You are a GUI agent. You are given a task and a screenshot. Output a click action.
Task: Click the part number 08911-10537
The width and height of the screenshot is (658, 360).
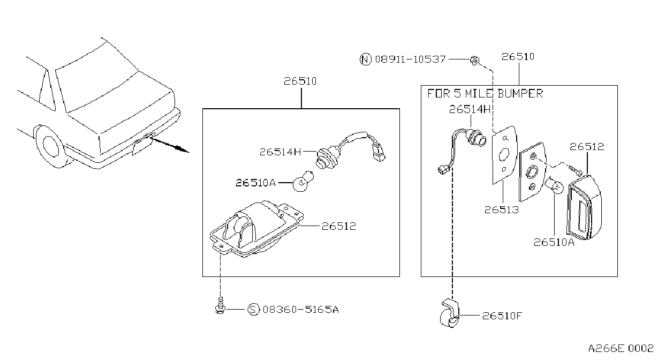click(x=410, y=59)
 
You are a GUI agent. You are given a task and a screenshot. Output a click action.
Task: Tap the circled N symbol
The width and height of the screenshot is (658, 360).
click(x=366, y=59)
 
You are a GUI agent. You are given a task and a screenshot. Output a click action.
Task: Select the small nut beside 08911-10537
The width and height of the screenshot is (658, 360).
click(x=474, y=61)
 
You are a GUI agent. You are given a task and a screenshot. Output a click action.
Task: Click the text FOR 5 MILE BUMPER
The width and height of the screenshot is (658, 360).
click(x=485, y=93)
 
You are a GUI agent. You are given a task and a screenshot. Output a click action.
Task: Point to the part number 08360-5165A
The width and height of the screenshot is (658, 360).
click(x=301, y=310)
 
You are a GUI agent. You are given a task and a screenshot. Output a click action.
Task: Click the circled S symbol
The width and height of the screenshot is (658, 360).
click(x=253, y=310)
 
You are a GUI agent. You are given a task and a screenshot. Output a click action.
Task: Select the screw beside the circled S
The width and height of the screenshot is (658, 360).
click(x=220, y=305)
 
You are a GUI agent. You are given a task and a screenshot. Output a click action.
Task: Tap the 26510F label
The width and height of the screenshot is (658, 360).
click(x=502, y=316)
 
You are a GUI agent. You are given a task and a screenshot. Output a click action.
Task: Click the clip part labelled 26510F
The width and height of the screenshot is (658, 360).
click(x=449, y=313)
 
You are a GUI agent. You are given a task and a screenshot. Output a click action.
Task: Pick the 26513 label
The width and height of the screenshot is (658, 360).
click(x=502, y=210)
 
